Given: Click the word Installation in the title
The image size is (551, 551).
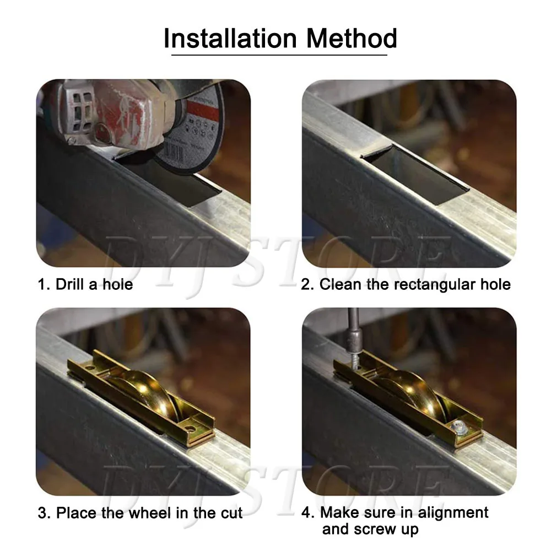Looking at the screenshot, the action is click(x=230, y=38).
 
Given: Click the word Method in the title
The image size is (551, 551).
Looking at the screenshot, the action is click(x=352, y=38).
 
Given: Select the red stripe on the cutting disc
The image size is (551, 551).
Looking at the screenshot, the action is click(x=203, y=110).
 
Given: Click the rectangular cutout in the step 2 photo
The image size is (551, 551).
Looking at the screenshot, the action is click(x=415, y=174).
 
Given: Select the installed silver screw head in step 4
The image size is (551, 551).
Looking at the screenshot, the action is click(x=459, y=428).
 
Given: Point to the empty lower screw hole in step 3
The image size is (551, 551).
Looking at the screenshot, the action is click(x=190, y=429).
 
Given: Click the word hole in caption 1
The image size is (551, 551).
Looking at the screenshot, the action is click(x=118, y=284).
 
